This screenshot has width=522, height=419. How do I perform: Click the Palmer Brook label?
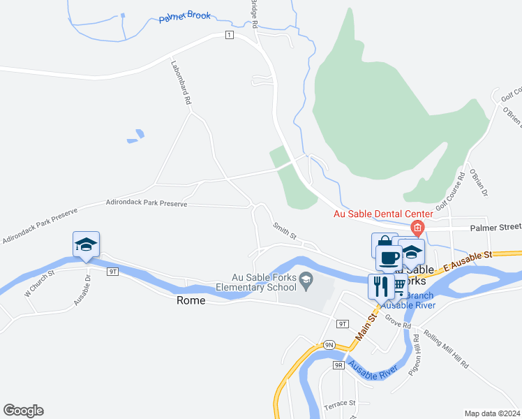click(186, 15)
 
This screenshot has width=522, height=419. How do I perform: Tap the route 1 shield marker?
click(228, 35)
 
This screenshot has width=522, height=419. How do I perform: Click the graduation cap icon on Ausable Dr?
click(86, 244)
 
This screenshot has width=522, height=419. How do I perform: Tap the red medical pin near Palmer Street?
click(417, 227)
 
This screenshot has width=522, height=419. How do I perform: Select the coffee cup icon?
click(389, 258)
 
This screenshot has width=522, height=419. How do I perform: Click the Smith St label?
click(285, 232)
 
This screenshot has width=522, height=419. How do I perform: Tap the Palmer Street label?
click(495, 227)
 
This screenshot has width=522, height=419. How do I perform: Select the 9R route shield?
click(338, 365)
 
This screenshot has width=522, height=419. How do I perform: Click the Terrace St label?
click(340, 404)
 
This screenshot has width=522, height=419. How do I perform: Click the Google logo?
click(23, 411)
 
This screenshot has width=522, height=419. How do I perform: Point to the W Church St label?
click(39, 283)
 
